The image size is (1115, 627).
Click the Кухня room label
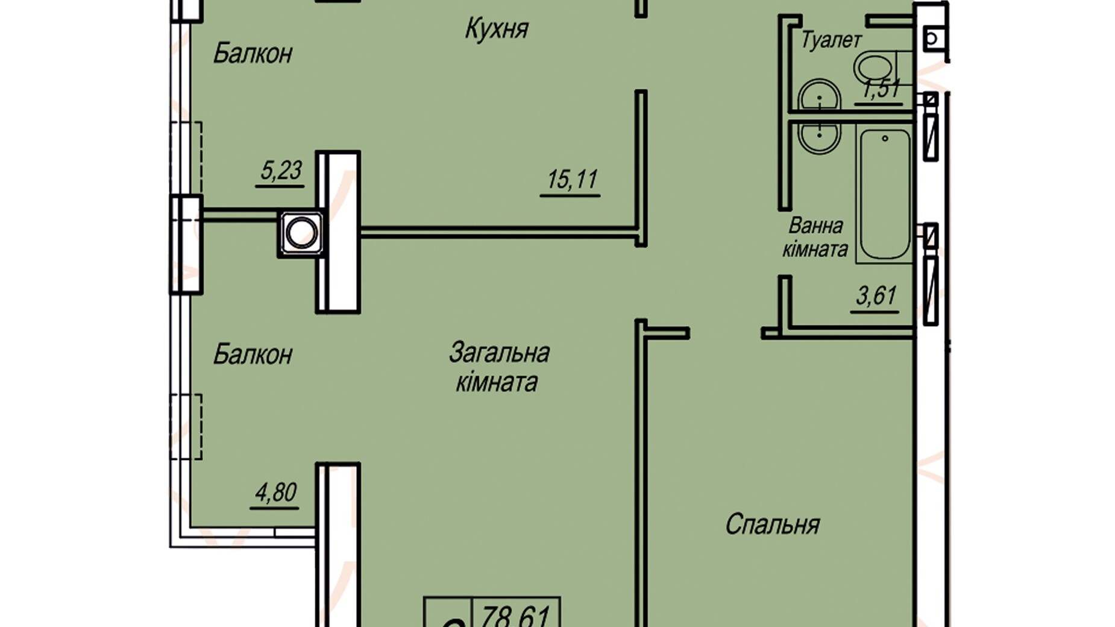click(497, 29)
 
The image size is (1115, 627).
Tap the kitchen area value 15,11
click(572, 180)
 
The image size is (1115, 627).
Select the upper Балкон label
click(253, 54)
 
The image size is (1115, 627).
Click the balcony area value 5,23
click(280, 171)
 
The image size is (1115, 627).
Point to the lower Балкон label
click(253, 354)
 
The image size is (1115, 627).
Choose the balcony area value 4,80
click(275, 493)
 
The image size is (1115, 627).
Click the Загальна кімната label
click(499, 367)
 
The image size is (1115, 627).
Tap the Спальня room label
click(772, 525)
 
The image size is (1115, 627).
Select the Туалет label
click(831, 40)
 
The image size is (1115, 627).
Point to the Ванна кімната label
click(815, 238)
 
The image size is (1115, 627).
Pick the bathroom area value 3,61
click(876, 297)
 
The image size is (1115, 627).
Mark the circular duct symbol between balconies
click(301, 233)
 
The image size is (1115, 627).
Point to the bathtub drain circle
click(885, 139)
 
